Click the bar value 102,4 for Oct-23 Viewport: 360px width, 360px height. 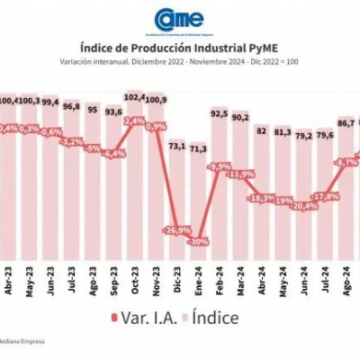tap(134, 96)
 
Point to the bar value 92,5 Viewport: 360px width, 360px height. tap(219, 113)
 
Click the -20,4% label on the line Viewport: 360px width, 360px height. tap(304, 205)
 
